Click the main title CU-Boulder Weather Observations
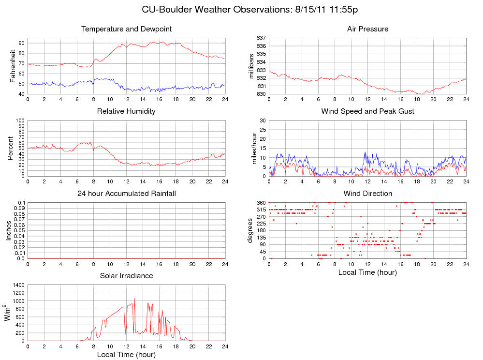(x=249, y=10)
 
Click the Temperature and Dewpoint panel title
(x=127, y=29)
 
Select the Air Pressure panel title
(x=367, y=29)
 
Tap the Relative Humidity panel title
(x=126, y=111)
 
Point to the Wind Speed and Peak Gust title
(x=367, y=111)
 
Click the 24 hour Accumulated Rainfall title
(x=127, y=194)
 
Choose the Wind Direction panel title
(x=367, y=194)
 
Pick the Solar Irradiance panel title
(x=127, y=276)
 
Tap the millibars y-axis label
(x=251, y=66)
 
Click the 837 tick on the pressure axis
(x=261, y=38)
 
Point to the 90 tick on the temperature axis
(x=21, y=43)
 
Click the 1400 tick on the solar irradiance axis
(x=18, y=285)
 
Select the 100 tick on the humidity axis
(x=19, y=120)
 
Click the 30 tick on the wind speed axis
(x=262, y=120)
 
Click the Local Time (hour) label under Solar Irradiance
(x=126, y=355)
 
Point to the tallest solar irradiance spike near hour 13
(x=134, y=299)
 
